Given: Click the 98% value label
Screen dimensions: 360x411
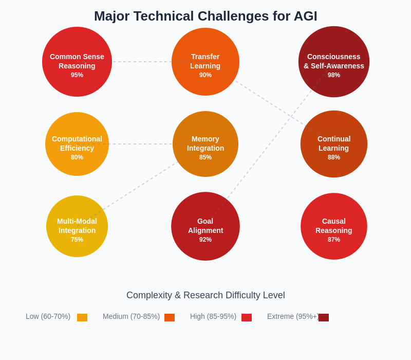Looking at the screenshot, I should coord(334,75).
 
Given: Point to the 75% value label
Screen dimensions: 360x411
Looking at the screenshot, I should coord(77,240).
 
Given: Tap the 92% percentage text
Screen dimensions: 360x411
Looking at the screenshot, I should coord(206,240).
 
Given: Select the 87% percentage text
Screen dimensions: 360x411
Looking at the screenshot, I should coord(334,240).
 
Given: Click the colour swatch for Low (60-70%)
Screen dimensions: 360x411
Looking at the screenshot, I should coord(82,317).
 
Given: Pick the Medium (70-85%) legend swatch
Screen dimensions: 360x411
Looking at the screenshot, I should coord(170,317).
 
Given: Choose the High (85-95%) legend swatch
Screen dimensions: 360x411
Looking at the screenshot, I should coord(247,317).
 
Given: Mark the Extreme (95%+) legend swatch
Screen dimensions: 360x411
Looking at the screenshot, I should coord(324,317).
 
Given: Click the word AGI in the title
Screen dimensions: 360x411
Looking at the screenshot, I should coord(305,16).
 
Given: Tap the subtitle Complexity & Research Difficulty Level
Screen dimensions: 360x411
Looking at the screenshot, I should coord(206,295).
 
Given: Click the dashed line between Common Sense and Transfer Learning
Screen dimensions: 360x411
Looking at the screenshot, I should coord(142,62).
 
